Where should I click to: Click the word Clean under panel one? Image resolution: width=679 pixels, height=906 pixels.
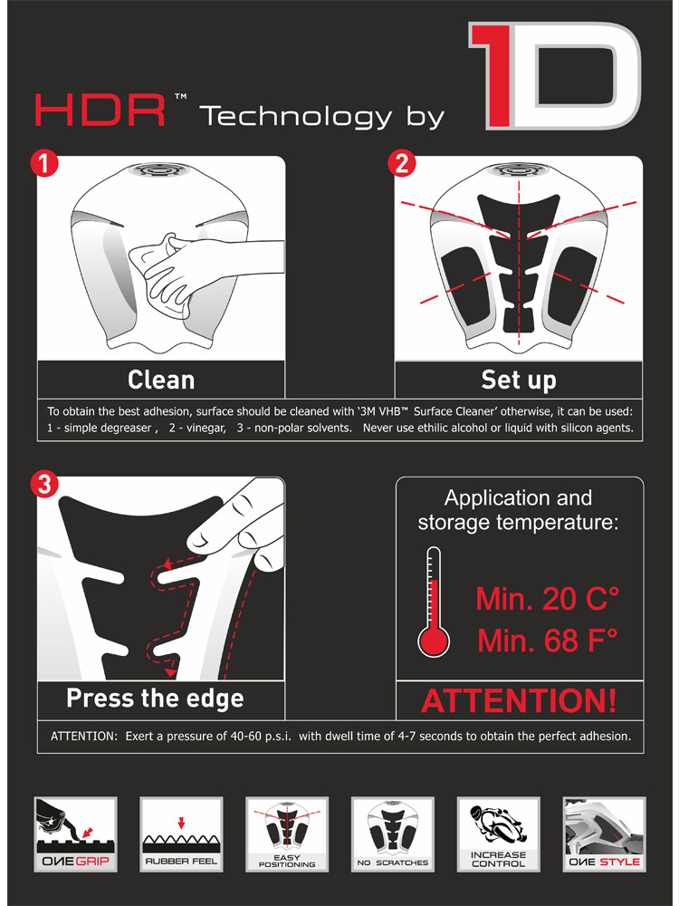pyautogui.click(x=161, y=381)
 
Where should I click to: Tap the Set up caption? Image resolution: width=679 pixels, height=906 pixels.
pyautogui.click(x=519, y=381)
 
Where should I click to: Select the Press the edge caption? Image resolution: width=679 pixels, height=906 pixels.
pyautogui.click(x=155, y=699)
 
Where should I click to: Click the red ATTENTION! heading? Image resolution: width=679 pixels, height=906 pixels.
pyautogui.click(x=519, y=700)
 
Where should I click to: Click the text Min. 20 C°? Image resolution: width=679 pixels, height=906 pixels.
pyautogui.click(x=548, y=599)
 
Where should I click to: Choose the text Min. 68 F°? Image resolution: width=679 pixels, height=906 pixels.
pyautogui.click(x=548, y=641)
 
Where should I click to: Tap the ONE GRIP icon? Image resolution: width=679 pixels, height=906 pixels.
pyautogui.click(x=76, y=834)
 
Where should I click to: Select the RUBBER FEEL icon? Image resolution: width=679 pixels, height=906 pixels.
pyautogui.click(x=181, y=834)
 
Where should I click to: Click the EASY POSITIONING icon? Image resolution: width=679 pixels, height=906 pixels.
pyautogui.click(x=287, y=834)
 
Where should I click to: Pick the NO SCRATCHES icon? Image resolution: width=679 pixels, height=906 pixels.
pyautogui.click(x=393, y=834)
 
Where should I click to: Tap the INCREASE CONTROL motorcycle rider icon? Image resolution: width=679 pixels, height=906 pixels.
pyautogui.click(x=498, y=834)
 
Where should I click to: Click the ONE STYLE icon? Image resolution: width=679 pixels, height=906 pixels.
pyautogui.click(x=604, y=834)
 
